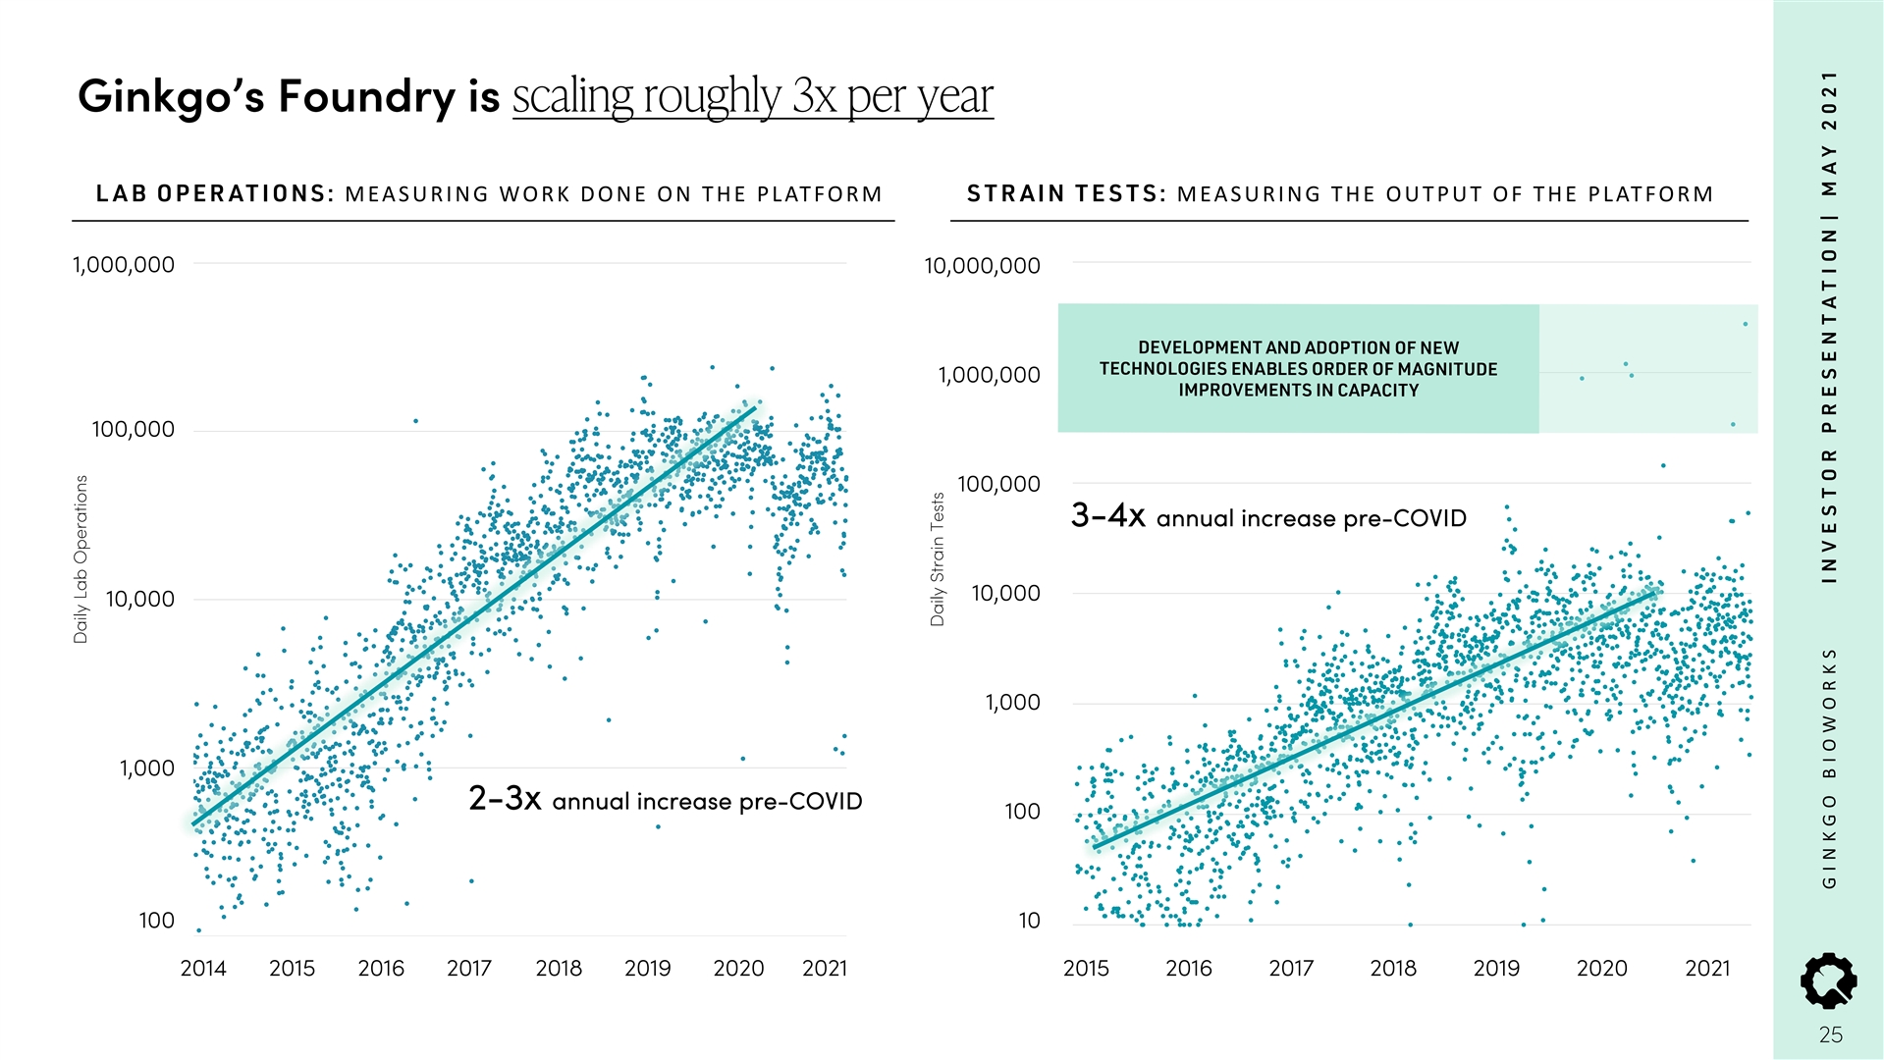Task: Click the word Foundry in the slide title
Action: coord(366,96)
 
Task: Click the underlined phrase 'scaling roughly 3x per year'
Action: coord(752,96)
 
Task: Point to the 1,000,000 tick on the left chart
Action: coord(124,265)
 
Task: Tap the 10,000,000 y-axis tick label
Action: coord(982,266)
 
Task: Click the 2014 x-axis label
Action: coord(203,969)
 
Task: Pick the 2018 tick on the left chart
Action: coord(559,969)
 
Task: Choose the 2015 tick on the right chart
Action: coord(1086,969)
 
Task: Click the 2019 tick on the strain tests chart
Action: coord(1496,969)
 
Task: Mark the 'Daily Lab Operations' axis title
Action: coord(81,559)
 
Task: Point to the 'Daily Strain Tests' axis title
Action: coord(938,559)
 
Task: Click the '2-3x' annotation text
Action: coord(505,799)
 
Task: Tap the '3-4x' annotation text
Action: coord(1107,515)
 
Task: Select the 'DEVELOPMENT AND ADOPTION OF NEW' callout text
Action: coord(1298,348)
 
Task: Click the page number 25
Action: coord(1830,1034)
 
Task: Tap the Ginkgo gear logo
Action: coord(1828,980)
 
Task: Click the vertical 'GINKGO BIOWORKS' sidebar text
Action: coord(1829,768)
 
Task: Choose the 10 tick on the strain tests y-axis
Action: coord(1029,921)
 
